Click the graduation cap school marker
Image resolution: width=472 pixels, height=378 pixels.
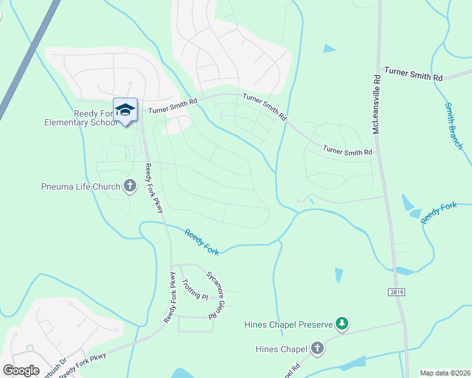(x=125, y=110)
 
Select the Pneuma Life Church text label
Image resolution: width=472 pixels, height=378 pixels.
(x=80, y=186)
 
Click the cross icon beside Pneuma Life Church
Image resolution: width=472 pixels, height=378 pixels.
(x=130, y=186)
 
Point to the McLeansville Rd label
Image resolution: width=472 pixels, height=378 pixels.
(x=376, y=105)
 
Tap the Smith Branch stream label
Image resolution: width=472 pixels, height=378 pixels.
(x=454, y=126)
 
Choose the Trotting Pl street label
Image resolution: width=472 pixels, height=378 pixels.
(x=194, y=289)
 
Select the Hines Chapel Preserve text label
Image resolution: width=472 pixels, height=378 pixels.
(x=288, y=324)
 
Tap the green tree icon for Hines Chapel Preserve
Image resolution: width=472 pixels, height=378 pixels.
(x=343, y=324)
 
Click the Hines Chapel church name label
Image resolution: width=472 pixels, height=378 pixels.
(x=281, y=349)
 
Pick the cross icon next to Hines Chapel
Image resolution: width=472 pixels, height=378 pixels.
(x=317, y=348)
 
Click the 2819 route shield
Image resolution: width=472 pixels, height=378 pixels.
(x=396, y=292)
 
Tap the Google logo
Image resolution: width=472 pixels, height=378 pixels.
(x=21, y=370)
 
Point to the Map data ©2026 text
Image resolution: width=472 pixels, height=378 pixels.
(x=445, y=373)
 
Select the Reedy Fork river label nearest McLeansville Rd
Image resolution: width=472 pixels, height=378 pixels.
(x=438, y=212)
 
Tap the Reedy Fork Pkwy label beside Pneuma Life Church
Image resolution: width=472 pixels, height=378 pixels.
(x=154, y=188)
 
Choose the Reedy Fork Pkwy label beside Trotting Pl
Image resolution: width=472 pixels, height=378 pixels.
(x=170, y=297)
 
